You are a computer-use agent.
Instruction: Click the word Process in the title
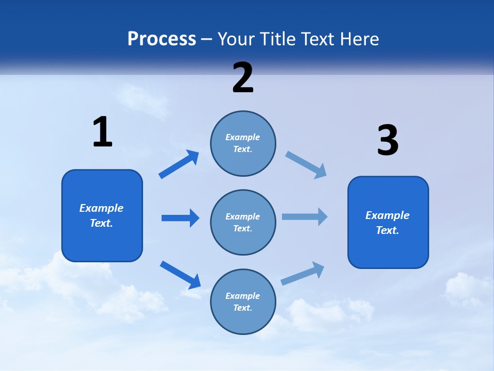point(162,39)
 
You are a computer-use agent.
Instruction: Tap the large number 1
point(102,132)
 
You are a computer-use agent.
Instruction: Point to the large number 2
point(243,78)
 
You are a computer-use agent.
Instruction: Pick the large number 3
point(387,141)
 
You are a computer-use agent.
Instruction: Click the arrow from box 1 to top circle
point(179,164)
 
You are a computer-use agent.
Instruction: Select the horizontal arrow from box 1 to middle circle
point(180,218)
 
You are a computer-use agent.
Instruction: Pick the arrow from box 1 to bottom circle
point(181,275)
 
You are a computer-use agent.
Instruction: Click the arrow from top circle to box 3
point(306,164)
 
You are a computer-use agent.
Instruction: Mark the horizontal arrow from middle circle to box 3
point(305,216)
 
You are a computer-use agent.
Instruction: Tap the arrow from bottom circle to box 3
point(303,274)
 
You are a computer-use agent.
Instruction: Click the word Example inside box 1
point(101,208)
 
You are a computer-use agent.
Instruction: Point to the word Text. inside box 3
point(387,230)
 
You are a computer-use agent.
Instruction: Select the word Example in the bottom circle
point(243,296)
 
